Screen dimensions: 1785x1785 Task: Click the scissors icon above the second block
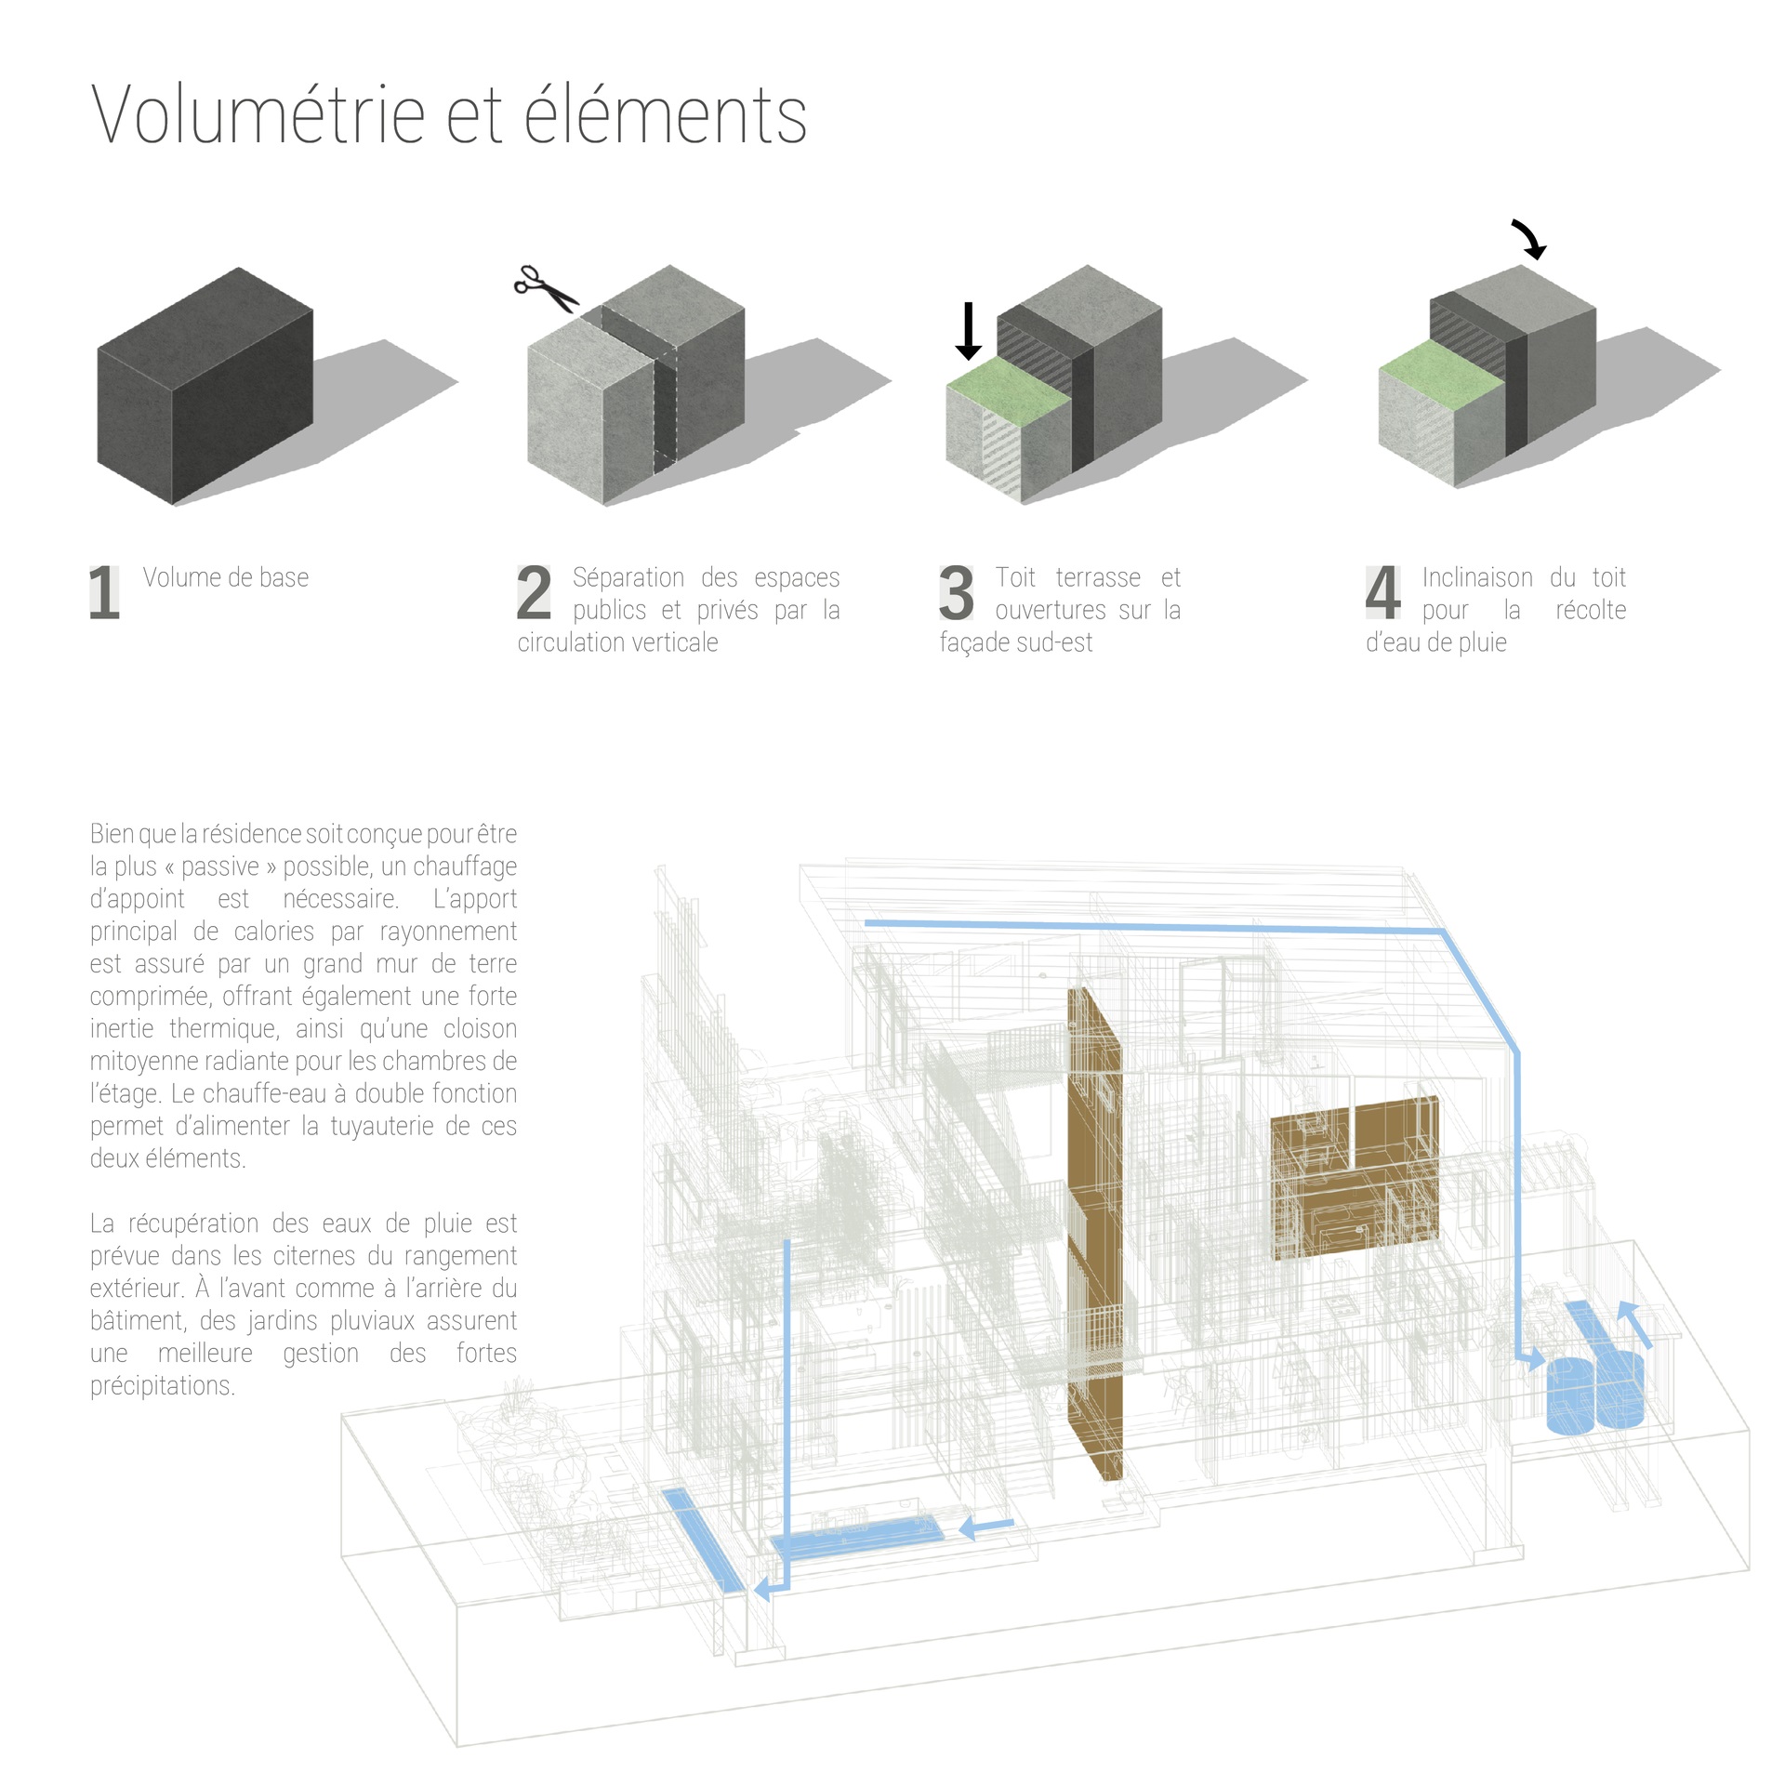(x=547, y=288)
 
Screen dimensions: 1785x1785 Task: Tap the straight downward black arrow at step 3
(x=968, y=331)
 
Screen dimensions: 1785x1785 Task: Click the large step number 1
(x=105, y=592)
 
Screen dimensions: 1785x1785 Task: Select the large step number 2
(x=534, y=592)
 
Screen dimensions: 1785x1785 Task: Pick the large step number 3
(x=956, y=592)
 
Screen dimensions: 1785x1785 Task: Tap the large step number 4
(x=1383, y=592)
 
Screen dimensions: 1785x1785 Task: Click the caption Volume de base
(x=226, y=577)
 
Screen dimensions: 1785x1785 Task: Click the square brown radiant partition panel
(x=1355, y=1178)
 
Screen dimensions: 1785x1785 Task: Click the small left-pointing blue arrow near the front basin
(x=986, y=1527)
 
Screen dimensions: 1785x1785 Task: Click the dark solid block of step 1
(x=205, y=387)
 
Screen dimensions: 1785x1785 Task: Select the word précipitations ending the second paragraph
(x=163, y=1386)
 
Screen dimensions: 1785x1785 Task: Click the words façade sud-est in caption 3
(x=1016, y=642)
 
